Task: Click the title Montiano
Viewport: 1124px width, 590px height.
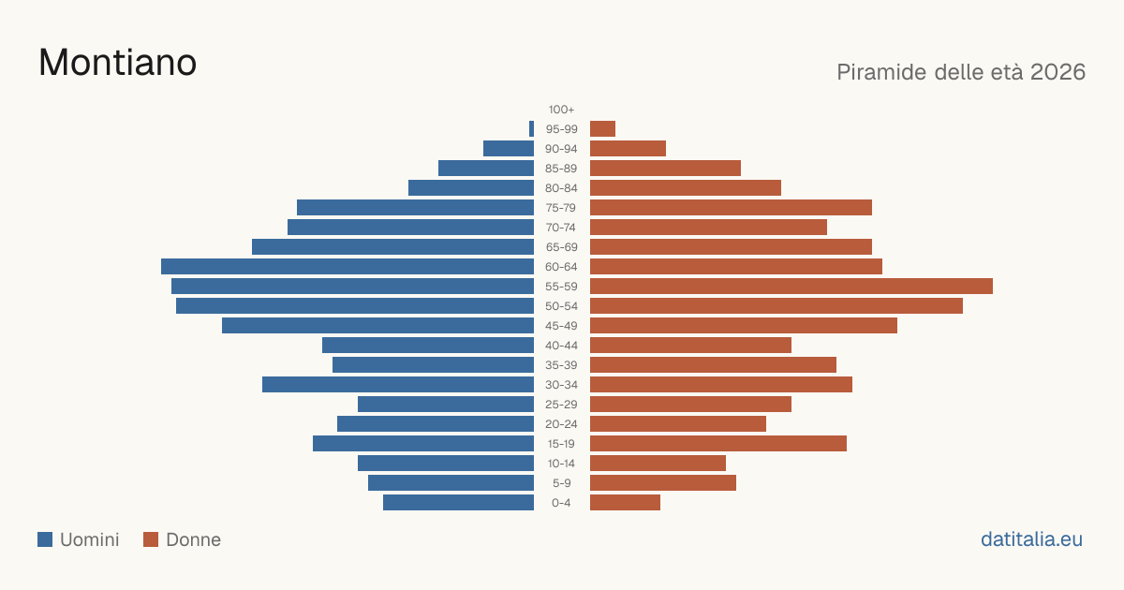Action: (x=117, y=63)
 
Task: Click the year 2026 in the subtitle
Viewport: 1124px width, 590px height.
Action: (x=1057, y=72)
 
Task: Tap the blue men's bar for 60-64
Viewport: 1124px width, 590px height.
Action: (x=348, y=266)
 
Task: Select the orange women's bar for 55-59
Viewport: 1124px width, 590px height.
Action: (x=791, y=286)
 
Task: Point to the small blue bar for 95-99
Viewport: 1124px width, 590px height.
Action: (x=531, y=129)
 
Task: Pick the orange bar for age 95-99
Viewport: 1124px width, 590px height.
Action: (x=602, y=129)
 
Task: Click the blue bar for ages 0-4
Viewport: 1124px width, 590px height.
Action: (x=459, y=503)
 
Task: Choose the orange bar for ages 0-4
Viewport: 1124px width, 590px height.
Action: (x=626, y=503)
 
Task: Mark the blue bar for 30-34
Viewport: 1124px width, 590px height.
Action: (x=398, y=385)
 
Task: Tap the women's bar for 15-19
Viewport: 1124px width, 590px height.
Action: (x=718, y=444)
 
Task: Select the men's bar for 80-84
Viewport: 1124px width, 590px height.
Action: (x=471, y=187)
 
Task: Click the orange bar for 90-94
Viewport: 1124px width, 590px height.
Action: (x=628, y=149)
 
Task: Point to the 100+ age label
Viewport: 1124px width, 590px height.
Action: (x=561, y=110)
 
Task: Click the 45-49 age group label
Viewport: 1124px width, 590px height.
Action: (x=561, y=326)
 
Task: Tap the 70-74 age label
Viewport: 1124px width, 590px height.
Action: (x=561, y=228)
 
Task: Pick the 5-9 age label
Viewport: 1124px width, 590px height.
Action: (x=561, y=483)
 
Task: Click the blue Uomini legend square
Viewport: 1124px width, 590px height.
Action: (x=45, y=539)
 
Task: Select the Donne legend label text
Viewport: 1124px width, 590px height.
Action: (x=194, y=539)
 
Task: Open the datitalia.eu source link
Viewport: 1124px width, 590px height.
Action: (x=1031, y=539)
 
